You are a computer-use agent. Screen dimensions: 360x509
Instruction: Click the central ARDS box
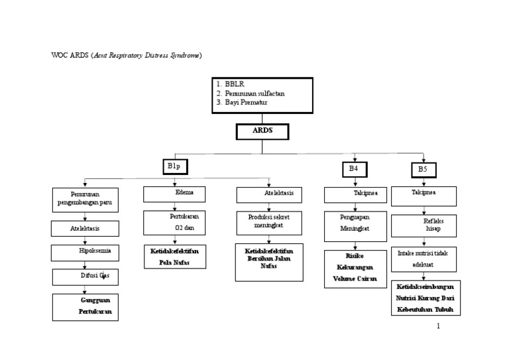(x=262, y=131)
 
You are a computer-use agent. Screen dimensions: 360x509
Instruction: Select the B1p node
(x=174, y=167)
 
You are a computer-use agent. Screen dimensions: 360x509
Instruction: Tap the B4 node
(x=354, y=170)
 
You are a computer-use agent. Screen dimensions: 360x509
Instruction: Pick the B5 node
(x=423, y=170)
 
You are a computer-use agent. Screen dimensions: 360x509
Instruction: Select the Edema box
(x=174, y=194)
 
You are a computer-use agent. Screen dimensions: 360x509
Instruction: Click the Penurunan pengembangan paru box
(x=85, y=200)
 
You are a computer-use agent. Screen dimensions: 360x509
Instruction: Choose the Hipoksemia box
(x=85, y=252)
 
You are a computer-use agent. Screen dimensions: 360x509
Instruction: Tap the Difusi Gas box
(x=85, y=276)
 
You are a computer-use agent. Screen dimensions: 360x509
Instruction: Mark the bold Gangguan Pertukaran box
(x=85, y=306)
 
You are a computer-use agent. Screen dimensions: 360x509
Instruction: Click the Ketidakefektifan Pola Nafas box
(x=174, y=256)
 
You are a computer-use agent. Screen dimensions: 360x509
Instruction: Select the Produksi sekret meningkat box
(x=269, y=223)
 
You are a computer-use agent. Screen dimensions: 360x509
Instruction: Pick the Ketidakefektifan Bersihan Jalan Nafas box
(x=269, y=262)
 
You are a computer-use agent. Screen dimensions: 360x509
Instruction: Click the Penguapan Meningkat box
(x=355, y=225)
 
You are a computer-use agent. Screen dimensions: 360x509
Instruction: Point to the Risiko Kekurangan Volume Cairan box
(x=355, y=269)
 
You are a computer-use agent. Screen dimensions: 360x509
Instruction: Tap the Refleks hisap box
(x=424, y=225)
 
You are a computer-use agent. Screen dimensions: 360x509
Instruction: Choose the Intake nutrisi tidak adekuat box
(x=424, y=259)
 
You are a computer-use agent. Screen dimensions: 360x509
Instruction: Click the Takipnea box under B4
(x=355, y=194)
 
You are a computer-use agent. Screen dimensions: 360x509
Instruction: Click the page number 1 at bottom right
(x=438, y=327)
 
